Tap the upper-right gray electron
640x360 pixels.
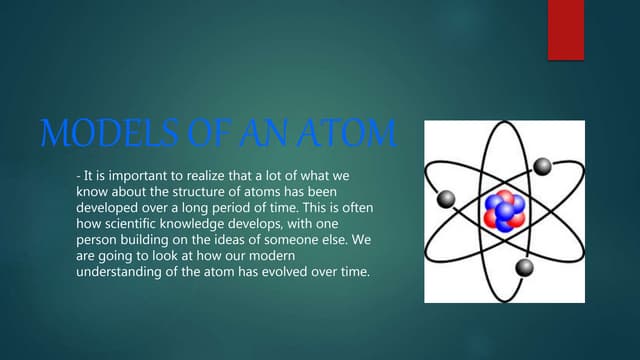pyautogui.click(x=542, y=166)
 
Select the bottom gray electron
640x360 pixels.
pyautogui.click(x=524, y=267)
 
